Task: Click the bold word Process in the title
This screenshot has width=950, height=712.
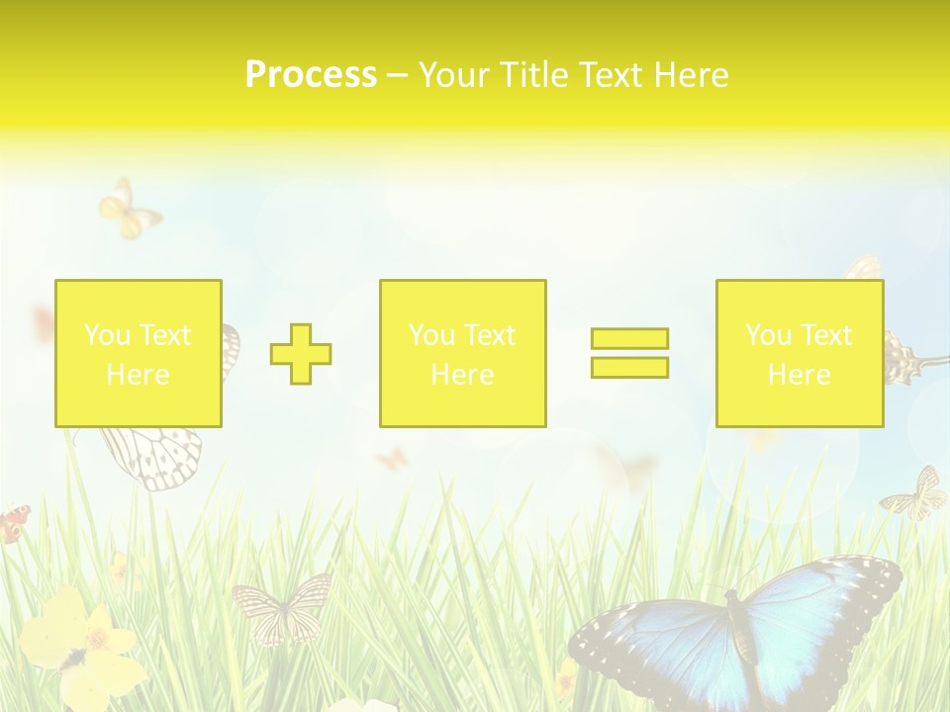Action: coord(311,74)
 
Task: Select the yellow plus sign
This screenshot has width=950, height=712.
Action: coord(301,354)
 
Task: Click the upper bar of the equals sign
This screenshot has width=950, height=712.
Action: coord(629,339)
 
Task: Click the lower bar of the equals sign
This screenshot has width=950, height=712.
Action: coord(629,368)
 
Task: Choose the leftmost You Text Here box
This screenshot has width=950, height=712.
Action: coord(138,353)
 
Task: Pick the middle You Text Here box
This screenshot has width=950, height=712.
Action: coord(462,353)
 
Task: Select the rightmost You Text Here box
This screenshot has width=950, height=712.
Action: coord(799,353)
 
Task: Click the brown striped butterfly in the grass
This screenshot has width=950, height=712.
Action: coord(282,605)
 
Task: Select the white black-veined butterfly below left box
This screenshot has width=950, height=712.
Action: coord(153,457)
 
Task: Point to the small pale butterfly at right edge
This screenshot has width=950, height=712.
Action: coord(915,494)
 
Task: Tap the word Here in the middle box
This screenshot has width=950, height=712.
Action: coord(462,374)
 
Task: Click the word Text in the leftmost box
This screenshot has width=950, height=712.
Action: coord(165,334)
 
